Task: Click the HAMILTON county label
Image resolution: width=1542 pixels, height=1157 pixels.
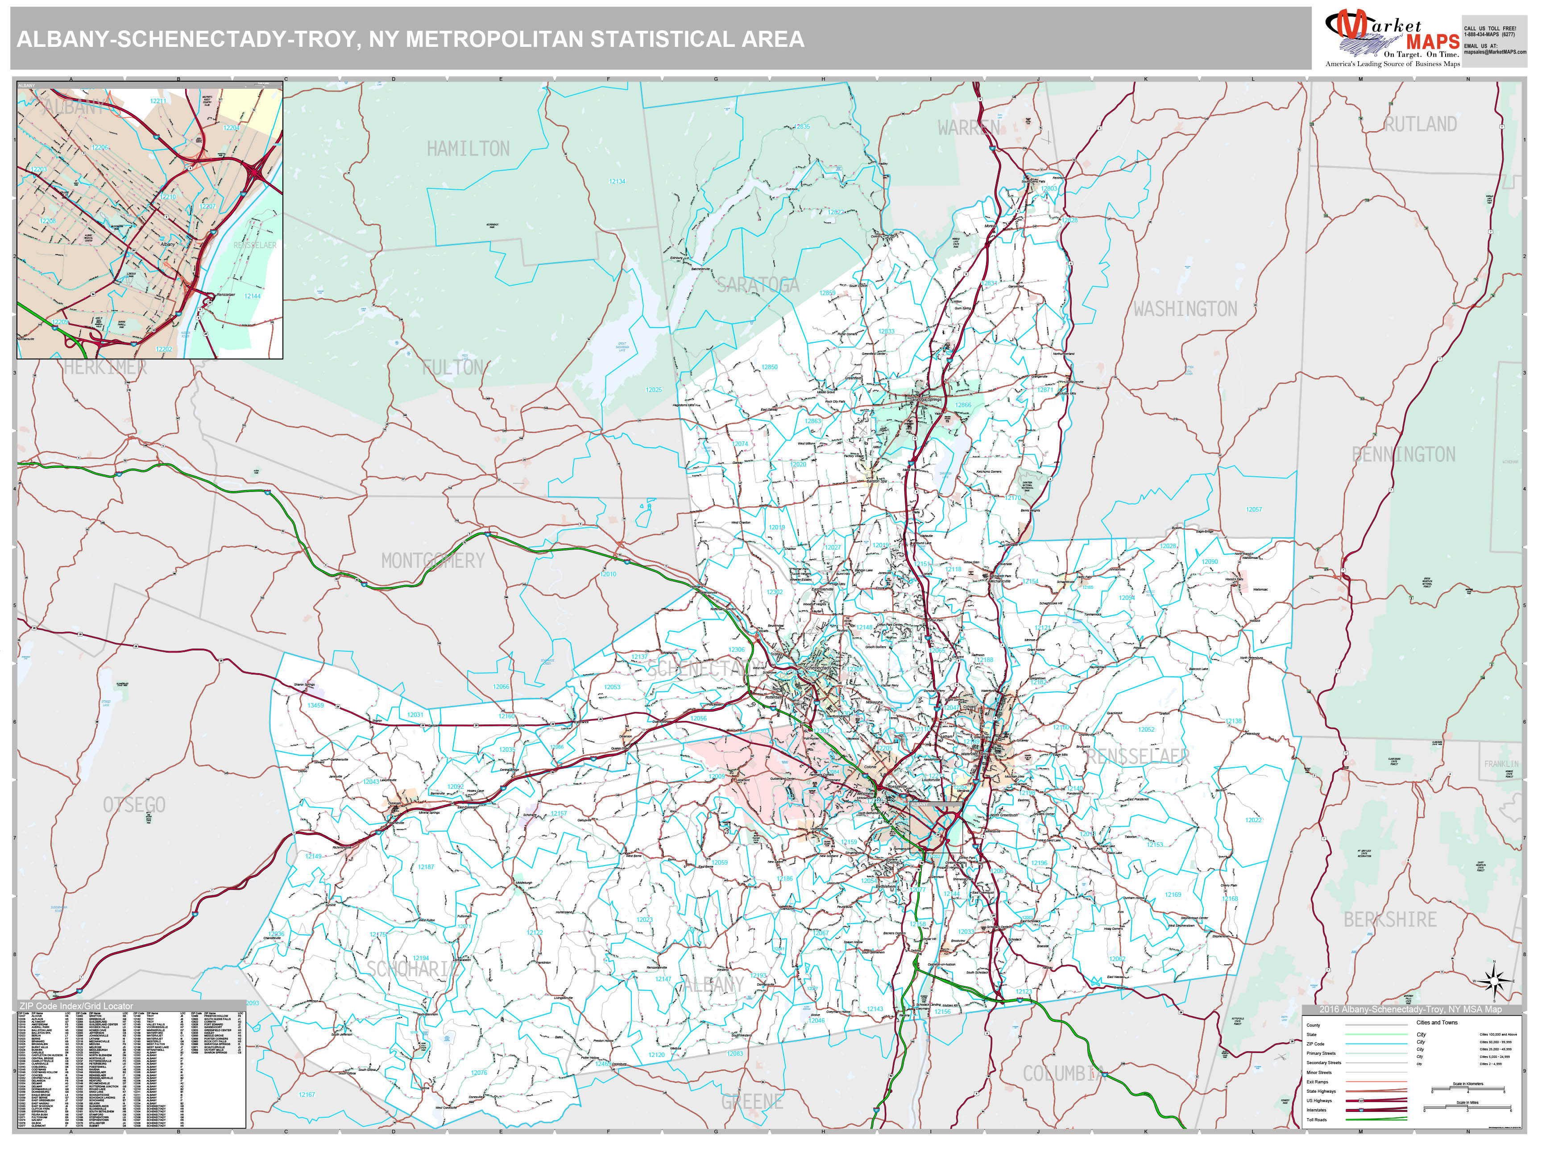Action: (468, 149)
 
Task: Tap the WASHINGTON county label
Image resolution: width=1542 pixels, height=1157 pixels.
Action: (1185, 309)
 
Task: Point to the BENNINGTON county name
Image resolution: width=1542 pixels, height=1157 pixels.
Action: (1403, 455)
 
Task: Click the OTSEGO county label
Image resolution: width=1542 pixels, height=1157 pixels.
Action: (135, 805)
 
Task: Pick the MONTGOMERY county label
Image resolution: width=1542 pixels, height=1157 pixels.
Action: (432, 561)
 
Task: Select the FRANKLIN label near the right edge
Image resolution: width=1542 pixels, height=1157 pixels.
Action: (1501, 764)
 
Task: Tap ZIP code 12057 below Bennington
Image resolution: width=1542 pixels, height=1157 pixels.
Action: (1253, 510)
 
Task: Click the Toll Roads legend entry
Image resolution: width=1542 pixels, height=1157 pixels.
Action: (1316, 1120)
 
